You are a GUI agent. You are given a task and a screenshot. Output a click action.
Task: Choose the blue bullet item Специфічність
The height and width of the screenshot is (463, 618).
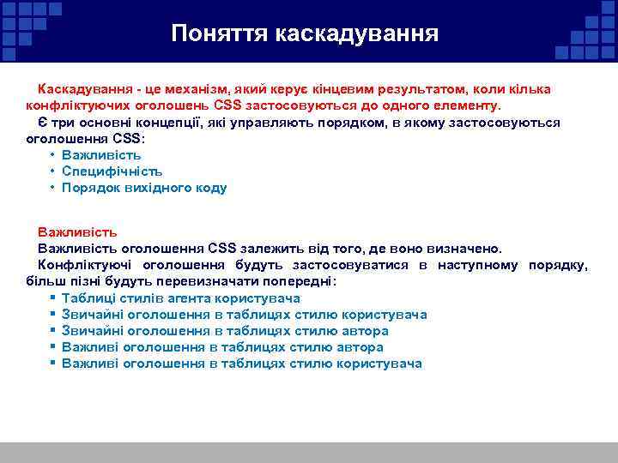[x=112, y=171]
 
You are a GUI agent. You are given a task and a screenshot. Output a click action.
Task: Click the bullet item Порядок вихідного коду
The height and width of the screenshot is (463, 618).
[x=144, y=188]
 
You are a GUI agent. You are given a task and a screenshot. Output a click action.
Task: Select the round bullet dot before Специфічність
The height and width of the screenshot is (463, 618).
[x=52, y=171]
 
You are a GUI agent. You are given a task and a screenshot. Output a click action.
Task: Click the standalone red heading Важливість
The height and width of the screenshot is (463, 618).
[x=77, y=232]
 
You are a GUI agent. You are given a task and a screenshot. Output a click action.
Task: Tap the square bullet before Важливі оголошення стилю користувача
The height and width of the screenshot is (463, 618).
[x=53, y=364]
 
